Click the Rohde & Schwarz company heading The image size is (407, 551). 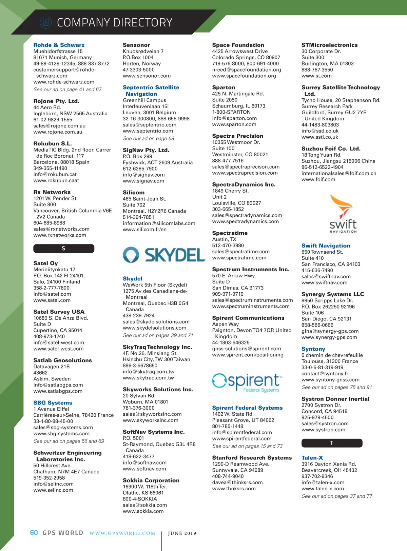pos(59,45)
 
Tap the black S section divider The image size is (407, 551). pos(64,249)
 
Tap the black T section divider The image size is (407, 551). pos(332,443)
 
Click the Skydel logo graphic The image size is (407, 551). pos(164,255)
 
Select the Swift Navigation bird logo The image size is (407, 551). pos(343,214)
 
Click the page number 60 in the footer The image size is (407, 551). pos(34,533)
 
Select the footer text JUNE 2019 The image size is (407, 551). pos(182,533)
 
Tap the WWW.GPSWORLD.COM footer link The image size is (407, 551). pos(122,533)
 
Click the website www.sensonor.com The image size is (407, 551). pos(147,76)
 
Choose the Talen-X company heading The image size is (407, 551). pos(312,458)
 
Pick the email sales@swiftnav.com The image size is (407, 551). pos(326,277)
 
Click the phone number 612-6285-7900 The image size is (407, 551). pos(140,169)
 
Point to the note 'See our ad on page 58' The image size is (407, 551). pos(149,139)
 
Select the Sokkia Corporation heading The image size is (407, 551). pos(151,480)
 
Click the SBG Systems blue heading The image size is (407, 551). pos(53,403)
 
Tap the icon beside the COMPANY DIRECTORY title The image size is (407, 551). pos(46,23)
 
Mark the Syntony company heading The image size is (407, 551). pos(313,349)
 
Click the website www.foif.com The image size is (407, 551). pos(318,179)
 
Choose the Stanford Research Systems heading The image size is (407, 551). pos(252,458)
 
